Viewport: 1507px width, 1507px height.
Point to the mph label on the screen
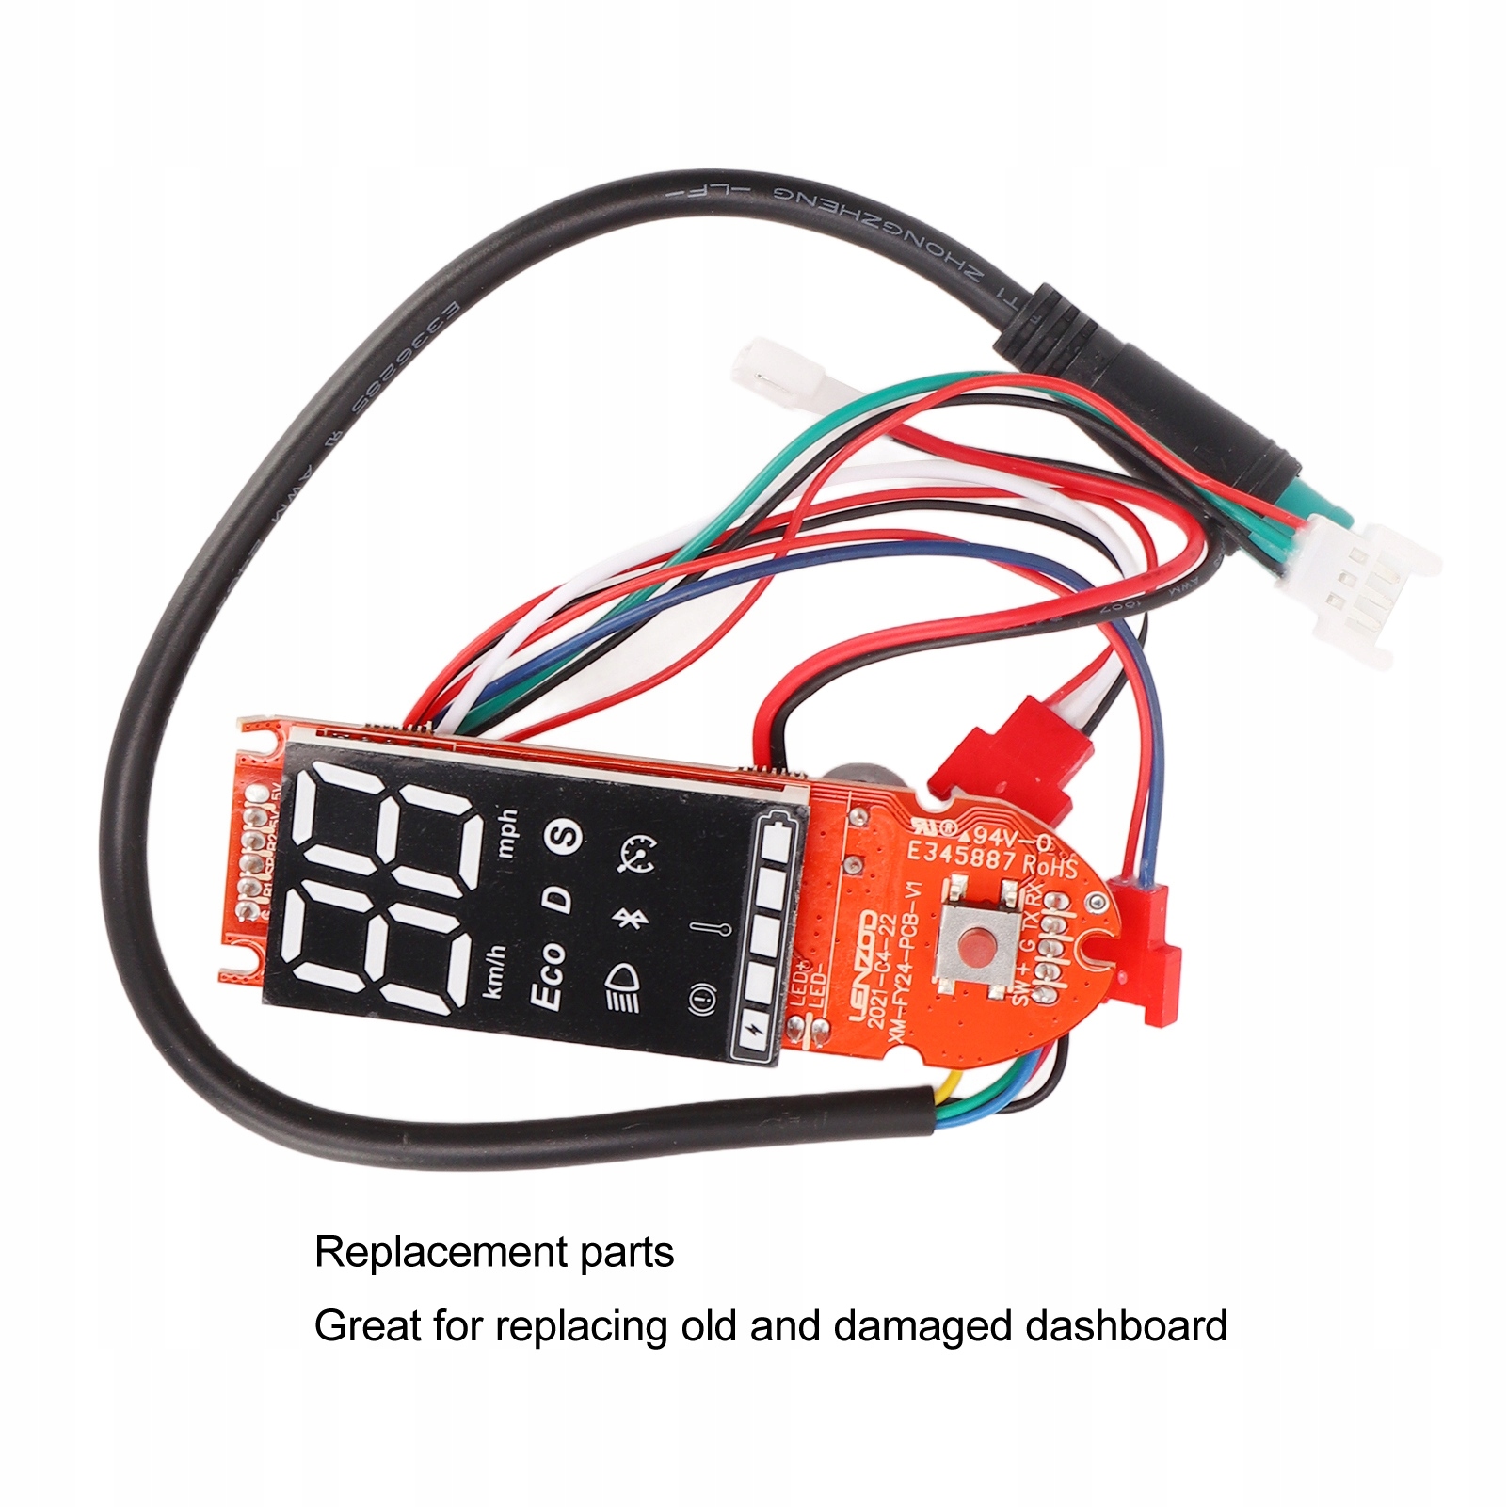(x=507, y=833)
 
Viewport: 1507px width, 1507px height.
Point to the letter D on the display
(x=559, y=899)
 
